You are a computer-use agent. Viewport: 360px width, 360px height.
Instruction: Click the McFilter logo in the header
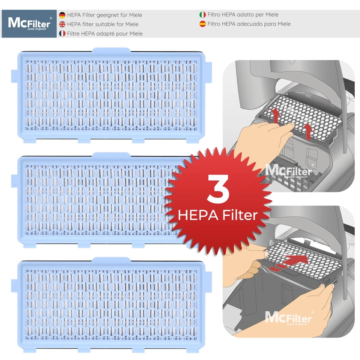[x=29, y=24]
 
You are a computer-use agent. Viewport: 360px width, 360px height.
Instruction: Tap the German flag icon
[x=62, y=15]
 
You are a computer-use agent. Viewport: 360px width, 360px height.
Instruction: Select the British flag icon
[x=62, y=24]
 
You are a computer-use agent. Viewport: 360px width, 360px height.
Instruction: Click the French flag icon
[x=62, y=33]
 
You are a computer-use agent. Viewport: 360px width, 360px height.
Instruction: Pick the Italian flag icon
[x=202, y=15]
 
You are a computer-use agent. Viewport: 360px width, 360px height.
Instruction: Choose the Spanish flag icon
[x=202, y=24]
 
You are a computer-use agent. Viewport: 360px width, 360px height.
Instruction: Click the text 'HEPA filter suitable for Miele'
[x=102, y=24]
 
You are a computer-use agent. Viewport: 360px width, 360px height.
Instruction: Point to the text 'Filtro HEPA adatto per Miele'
[x=243, y=15]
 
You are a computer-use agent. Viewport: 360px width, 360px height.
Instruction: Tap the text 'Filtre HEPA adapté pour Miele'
[x=105, y=34]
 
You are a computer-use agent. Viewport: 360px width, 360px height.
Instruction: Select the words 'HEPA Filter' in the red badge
[x=217, y=215]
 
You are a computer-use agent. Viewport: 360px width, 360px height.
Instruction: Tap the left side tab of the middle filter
[x=15, y=176]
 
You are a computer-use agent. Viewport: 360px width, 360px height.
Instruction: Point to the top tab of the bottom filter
[x=111, y=259]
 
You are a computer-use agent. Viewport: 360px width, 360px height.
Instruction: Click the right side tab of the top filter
[x=209, y=71]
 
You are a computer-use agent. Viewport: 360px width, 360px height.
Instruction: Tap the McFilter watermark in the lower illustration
[x=288, y=318]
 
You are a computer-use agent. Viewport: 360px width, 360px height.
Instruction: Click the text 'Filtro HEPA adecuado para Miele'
[x=249, y=24]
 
